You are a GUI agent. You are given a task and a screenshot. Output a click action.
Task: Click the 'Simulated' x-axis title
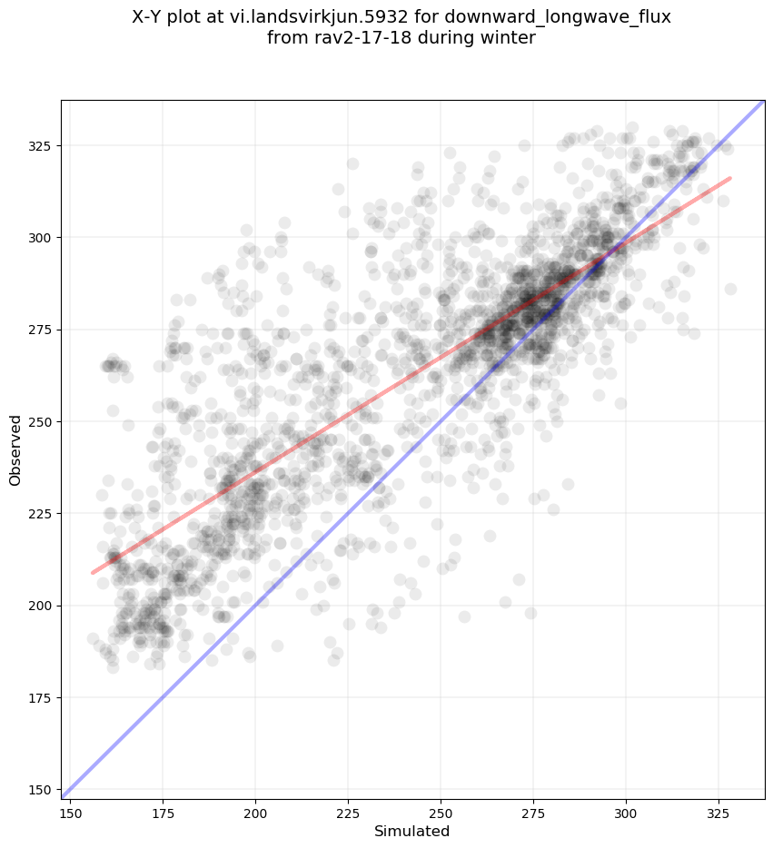click(x=412, y=831)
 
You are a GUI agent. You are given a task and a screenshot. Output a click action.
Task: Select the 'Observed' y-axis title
click(x=15, y=449)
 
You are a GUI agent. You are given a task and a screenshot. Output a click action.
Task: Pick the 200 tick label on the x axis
click(x=255, y=811)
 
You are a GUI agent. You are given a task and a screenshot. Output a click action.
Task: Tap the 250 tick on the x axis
click(x=441, y=811)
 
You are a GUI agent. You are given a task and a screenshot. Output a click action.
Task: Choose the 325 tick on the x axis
click(x=718, y=811)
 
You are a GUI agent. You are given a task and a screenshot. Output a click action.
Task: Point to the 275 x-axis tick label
click(x=533, y=811)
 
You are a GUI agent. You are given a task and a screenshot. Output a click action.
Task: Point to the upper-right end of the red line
click(x=730, y=178)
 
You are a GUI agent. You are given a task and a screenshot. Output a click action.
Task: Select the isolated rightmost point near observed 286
click(x=730, y=289)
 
